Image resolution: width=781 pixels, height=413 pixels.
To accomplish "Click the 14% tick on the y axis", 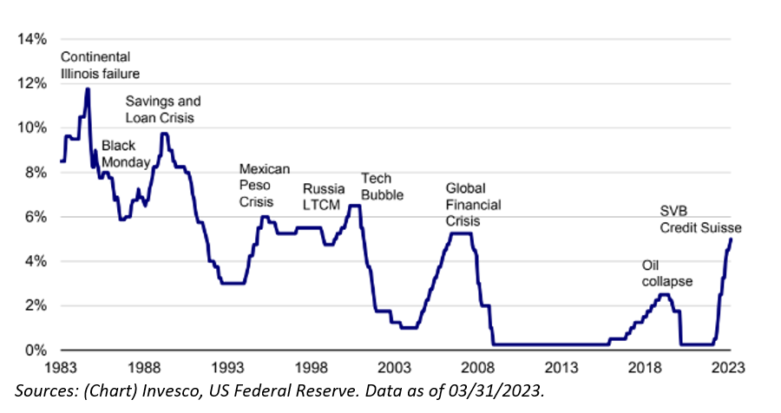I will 32,39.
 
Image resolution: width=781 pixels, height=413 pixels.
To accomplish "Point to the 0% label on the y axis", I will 36,351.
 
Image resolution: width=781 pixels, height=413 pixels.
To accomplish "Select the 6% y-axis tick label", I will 36,217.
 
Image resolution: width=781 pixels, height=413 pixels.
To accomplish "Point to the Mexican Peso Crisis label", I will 264,184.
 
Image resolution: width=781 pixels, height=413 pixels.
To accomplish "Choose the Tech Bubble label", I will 382,187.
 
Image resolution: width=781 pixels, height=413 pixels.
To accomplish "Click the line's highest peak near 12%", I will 88,88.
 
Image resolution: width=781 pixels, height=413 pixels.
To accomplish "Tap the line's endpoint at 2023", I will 731,239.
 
